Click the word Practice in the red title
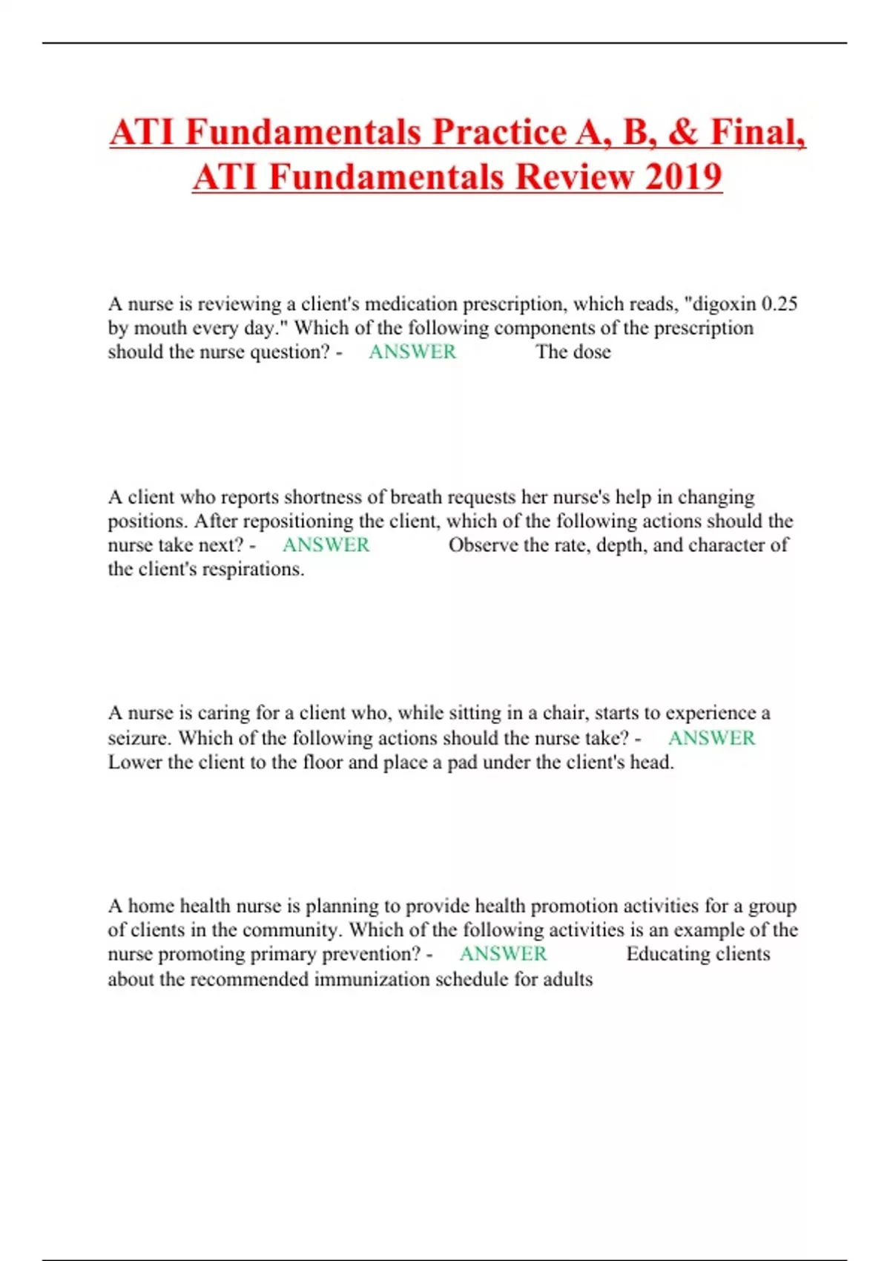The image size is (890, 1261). tap(500, 133)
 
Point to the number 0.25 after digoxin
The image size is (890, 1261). tap(779, 304)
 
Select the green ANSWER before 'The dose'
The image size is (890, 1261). tap(412, 352)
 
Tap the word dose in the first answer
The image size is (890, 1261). tap(592, 352)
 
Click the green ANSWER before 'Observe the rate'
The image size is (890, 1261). tap(326, 545)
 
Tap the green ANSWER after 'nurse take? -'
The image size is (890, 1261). tap(711, 738)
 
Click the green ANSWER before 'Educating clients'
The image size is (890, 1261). tap(503, 954)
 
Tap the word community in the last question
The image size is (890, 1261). tap(291, 930)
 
